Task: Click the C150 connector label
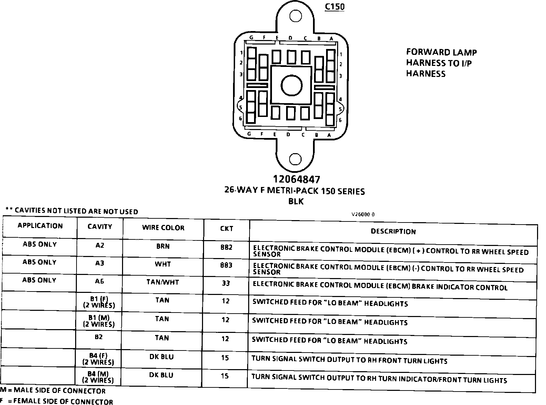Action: tap(334, 7)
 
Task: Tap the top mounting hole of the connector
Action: tap(295, 16)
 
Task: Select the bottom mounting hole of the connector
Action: tap(295, 159)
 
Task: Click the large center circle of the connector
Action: tap(292, 86)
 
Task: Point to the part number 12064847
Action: tap(296, 179)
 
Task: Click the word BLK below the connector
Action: tap(296, 201)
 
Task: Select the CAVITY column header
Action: tap(100, 227)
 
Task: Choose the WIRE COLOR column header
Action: tap(163, 228)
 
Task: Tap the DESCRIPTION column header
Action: tap(393, 231)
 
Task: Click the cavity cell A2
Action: tap(100, 246)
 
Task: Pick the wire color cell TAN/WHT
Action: tap(163, 282)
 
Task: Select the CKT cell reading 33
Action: tap(226, 283)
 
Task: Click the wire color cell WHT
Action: tap(163, 264)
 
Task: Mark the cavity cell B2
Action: tap(99, 337)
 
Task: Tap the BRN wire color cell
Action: tap(163, 246)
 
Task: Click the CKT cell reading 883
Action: tap(226, 265)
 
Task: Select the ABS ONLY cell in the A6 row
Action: tap(39, 280)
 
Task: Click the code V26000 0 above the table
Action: tap(363, 214)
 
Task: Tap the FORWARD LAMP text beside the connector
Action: tap(441, 52)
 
